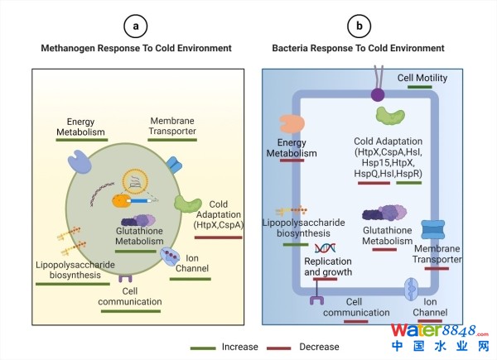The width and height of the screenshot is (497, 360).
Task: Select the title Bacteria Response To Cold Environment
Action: click(358, 49)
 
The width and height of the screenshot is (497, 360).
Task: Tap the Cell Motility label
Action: click(422, 78)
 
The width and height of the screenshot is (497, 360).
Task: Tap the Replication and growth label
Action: click(328, 266)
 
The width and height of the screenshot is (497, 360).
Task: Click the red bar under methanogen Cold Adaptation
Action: click(218, 238)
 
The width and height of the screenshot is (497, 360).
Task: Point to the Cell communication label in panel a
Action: click(129, 296)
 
